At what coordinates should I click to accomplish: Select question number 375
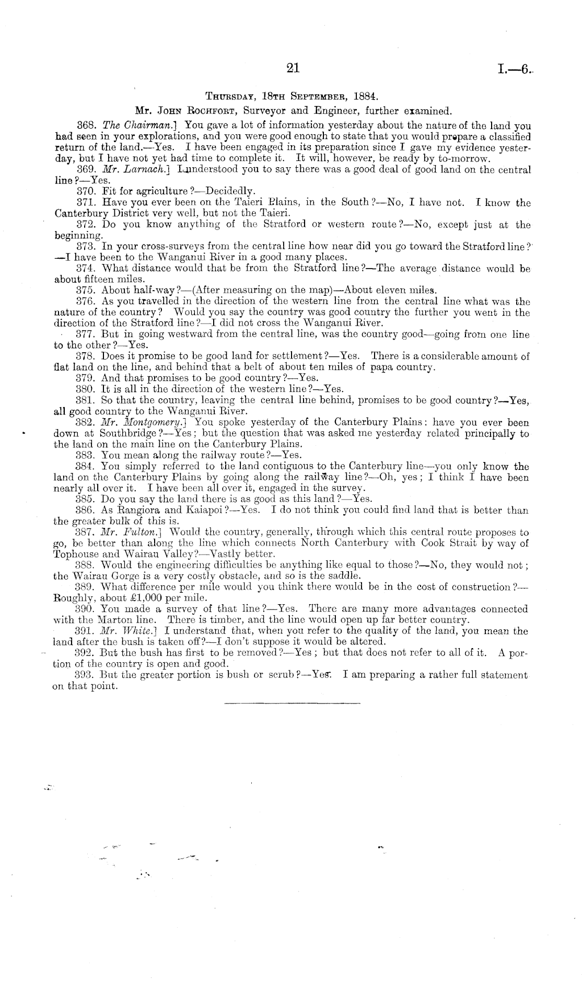click(84, 291)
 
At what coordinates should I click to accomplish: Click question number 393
click(84, 675)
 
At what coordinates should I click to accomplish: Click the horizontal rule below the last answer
click(292, 704)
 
